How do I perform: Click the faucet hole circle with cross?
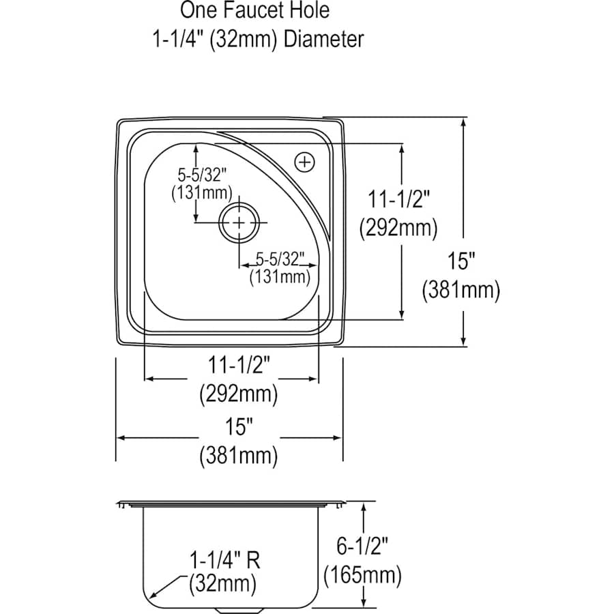[x=304, y=162]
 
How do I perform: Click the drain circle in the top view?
[x=239, y=223]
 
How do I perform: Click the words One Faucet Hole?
[x=254, y=11]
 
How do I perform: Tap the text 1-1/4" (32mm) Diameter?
[x=257, y=39]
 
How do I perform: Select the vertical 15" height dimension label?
[x=461, y=261]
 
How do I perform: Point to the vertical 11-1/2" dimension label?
[x=398, y=199]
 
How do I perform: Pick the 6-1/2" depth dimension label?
[x=362, y=546]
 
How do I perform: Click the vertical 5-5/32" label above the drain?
[x=202, y=174]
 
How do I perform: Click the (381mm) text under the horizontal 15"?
[x=238, y=456]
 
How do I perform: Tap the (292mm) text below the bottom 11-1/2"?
[x=238, y=394]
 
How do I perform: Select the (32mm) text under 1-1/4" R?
[x=223, y=584]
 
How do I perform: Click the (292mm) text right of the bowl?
[x=398, y=228]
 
